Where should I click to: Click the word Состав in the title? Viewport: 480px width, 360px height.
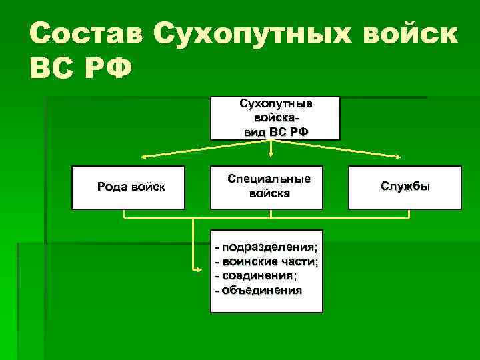coord(87,33)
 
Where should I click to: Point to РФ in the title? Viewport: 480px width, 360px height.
coord(110,69)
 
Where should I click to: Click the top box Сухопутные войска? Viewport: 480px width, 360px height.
coord(275,118)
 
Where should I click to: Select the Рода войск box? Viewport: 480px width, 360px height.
coord(131,187)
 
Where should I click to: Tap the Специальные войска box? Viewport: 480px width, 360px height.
coord(269,187)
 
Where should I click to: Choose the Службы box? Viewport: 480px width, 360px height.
coord(405,187)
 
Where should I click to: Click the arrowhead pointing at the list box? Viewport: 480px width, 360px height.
coord(200,269)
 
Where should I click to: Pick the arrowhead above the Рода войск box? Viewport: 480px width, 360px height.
coord(141,158)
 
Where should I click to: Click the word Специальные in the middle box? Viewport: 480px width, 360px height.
coord(269,180)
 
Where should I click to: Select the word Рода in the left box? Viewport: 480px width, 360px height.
coord(111,187)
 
